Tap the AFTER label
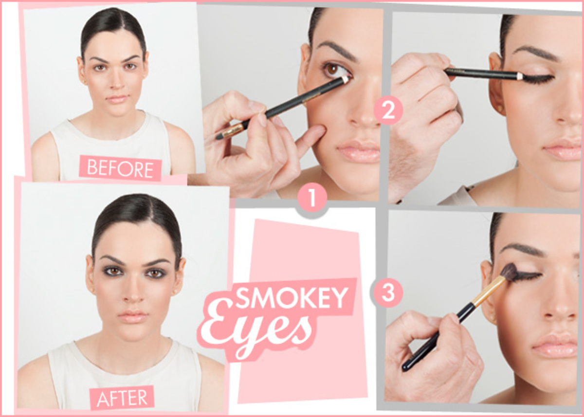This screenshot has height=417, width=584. (122, 398)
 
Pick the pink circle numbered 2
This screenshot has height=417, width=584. (388, 111)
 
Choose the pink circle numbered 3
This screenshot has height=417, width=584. (388, 293)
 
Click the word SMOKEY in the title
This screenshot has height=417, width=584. (292, 297)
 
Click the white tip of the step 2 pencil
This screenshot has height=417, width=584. (520, 76)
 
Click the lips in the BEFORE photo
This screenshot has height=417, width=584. (116, 99)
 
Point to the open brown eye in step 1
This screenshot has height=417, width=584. (333, 70)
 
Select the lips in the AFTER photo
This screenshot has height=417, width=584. (133, 316)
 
